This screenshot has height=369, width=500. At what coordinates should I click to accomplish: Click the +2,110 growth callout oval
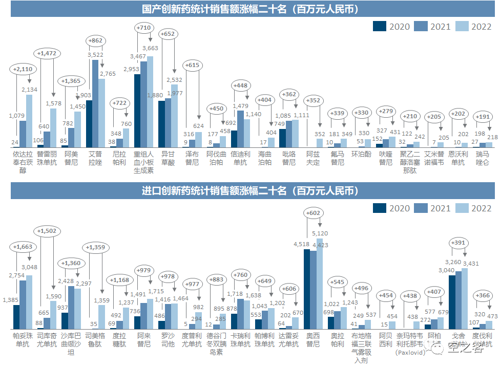pos(22,70)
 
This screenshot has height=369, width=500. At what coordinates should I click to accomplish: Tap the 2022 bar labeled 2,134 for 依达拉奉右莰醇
pos(29,121)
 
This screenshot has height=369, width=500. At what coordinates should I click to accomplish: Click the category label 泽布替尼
pos(192,158)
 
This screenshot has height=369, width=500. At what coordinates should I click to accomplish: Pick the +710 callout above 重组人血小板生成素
pos(143,27)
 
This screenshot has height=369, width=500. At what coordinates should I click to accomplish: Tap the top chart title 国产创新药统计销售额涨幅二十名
pos(250,9)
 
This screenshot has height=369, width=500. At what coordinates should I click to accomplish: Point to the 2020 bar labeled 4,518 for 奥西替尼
pos(307,289)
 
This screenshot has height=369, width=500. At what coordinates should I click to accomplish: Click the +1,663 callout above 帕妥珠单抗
pos(23,247)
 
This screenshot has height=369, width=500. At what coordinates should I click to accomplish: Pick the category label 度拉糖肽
pos(119,340)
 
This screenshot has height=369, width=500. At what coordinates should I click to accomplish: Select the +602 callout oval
pos(313,213)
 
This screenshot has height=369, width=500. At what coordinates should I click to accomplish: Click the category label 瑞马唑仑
pos(483,158)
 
